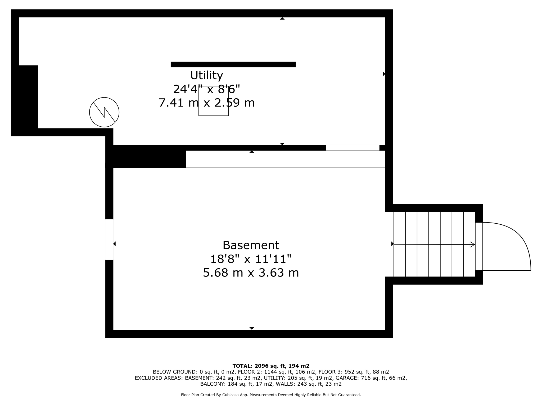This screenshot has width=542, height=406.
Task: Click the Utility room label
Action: [x=206, y=76]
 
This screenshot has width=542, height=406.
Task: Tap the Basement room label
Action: [x=251, y=245]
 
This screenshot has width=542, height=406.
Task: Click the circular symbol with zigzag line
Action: [x=104, y=112]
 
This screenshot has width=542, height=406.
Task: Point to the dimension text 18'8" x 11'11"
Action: [x=251, y=259]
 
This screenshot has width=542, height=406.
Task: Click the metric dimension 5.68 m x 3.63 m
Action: [x=251, y=273]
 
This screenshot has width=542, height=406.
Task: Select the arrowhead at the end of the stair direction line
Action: [x=472, y=244]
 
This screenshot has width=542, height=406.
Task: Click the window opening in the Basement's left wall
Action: [x=109, y=239]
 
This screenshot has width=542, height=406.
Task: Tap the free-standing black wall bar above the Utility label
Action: [x=233, y=64]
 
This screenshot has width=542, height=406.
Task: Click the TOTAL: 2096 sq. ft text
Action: [x=271, y=366]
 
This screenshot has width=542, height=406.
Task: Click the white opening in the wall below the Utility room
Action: [x=352, y=148]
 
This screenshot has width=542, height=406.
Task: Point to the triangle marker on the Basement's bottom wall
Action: [x=252, y=328]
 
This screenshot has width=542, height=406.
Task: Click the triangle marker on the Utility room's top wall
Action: [x=282, y=19]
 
